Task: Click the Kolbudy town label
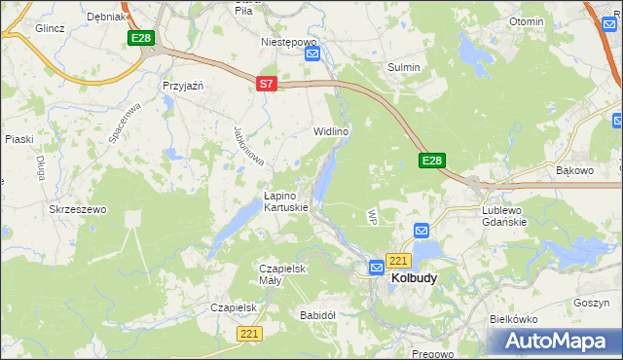click(414, 277)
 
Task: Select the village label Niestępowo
click(289, 43)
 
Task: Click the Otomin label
click(526, 20)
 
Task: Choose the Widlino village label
click(330, 130)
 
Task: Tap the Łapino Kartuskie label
click(286, 200)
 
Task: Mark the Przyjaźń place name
click(182, 86)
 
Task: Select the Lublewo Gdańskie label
click(504, 215)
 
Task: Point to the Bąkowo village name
click(573, 170)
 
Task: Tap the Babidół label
click(317, 315)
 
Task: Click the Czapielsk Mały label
click(283, 274)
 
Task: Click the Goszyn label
click(591, 303)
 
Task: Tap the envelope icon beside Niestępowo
click(312, 54)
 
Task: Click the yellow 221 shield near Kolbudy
click(397, 261)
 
